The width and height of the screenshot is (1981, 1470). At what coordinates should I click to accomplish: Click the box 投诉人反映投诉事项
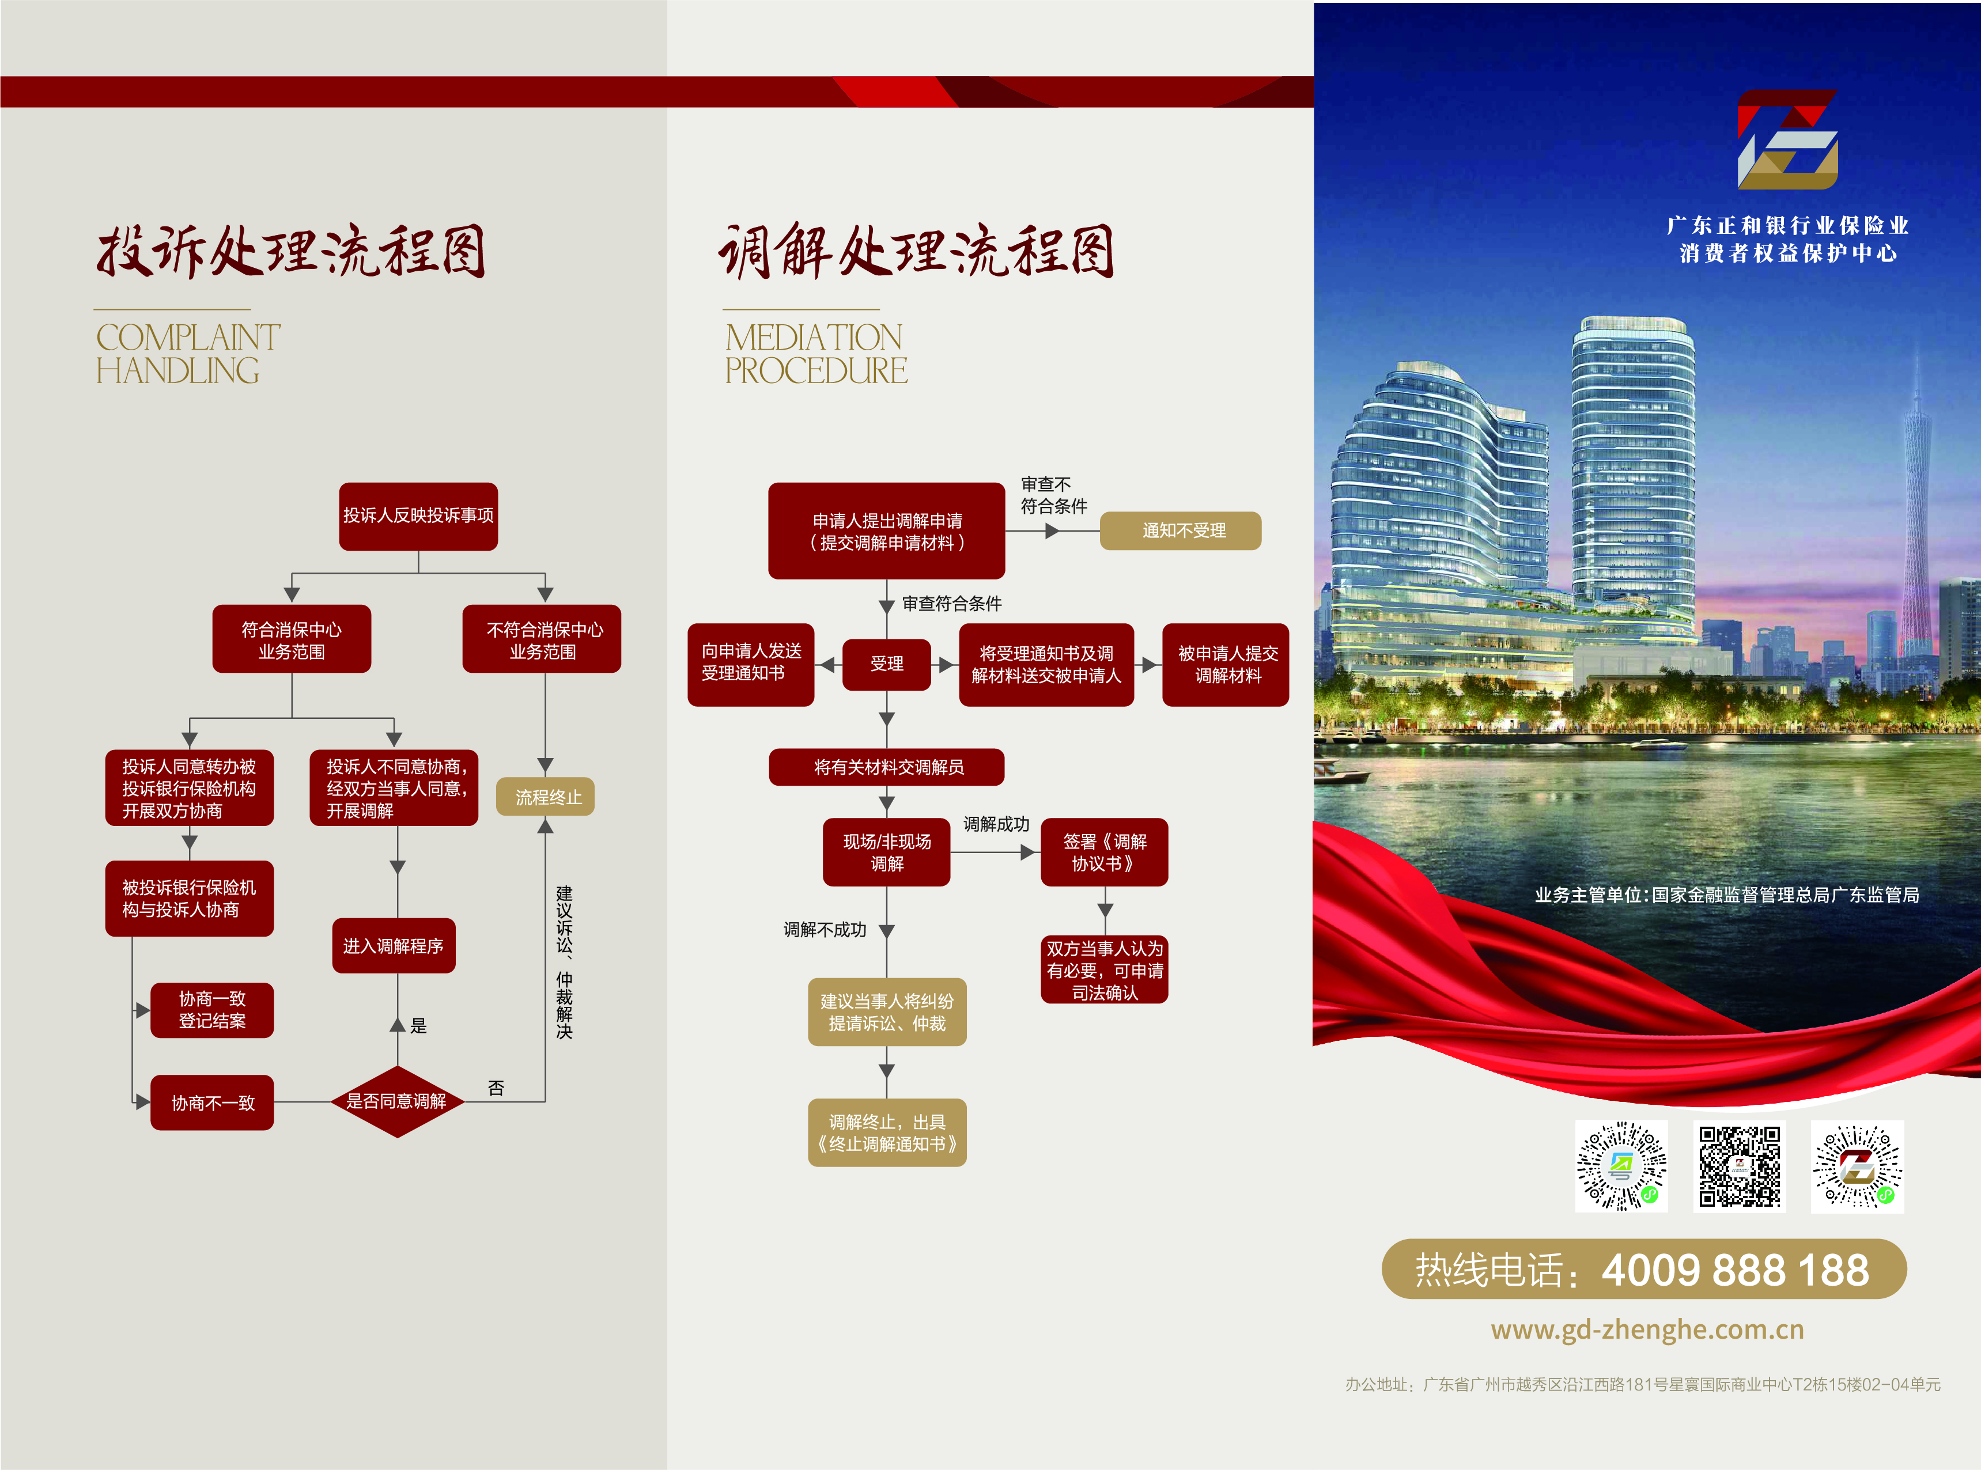click(418, 516)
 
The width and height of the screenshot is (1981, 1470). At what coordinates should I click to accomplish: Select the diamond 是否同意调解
click(397, 1101)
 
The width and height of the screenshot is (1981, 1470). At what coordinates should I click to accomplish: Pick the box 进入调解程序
click(394, 946)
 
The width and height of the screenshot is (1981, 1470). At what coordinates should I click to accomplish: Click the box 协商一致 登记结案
click(212, 1010)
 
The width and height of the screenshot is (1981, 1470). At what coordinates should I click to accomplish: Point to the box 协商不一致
click(212, 1104)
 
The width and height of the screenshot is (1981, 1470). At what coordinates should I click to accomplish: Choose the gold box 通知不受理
click(1181, 531)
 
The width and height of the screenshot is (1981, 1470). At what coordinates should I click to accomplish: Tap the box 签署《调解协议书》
click(1105, 853)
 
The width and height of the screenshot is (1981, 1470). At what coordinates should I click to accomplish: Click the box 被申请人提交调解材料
click(1226, 665)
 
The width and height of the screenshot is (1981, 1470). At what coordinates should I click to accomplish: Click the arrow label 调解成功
click(996, 825)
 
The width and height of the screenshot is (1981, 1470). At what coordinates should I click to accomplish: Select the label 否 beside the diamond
click(496, 1088)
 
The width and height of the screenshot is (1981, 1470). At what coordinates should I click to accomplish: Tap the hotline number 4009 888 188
click(1736, 1270)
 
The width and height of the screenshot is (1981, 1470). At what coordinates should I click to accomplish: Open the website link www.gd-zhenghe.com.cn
click(1647, 1329)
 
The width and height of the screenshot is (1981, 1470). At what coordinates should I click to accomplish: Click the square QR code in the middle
click(1739, 1166)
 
